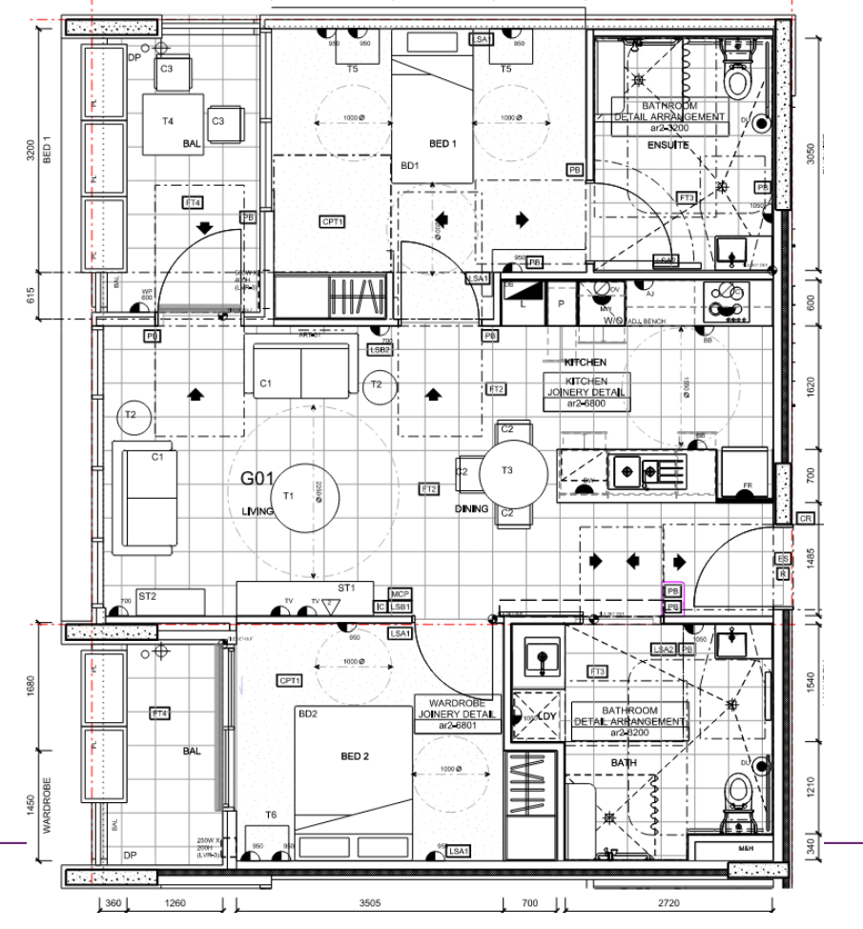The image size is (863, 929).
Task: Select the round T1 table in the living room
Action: [288, 497]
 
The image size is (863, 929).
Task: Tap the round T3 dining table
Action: [513, 470]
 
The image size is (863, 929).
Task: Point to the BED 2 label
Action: [355, 756]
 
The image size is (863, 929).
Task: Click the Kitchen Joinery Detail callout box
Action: [588, 392]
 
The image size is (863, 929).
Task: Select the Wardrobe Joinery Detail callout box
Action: [457, 714]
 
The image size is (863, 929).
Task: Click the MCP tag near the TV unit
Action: [400, 593]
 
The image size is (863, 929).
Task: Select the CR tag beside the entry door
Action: [806, 518]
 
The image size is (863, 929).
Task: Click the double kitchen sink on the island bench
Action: [637, 469]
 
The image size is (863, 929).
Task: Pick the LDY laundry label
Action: [546, 715]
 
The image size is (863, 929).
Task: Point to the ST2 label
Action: [147, 596]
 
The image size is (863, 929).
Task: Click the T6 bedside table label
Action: [271, 814]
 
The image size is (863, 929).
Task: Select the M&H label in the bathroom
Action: [747, 847]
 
